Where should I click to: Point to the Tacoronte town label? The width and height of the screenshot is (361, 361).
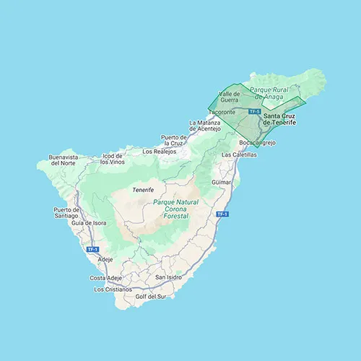pos(222,113)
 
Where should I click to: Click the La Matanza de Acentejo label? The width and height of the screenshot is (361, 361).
pos(204,126)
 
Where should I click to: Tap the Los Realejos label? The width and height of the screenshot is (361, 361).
pos(159,152)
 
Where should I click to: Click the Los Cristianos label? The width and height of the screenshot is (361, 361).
pos(113,289)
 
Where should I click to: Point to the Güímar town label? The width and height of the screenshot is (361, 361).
pos(221,184)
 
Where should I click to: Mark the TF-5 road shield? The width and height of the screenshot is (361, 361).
pos(253,112)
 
